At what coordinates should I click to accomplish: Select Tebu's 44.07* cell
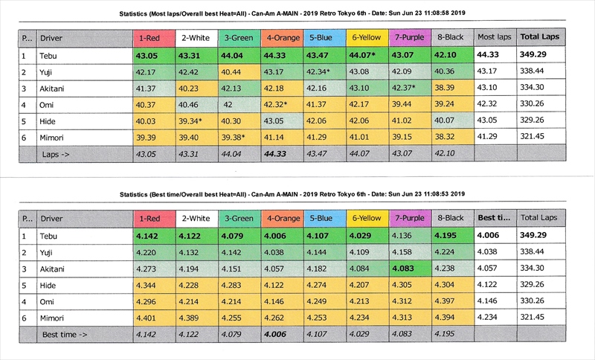click(x=367, y=55)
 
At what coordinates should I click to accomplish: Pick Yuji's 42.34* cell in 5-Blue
click(x=324, y=71)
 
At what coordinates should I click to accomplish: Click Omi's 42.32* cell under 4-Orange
click(x=281, y=104)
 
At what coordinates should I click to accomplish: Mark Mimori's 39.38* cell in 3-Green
click(x=238, y=137)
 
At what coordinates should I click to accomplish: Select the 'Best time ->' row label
click(x=65, y=335)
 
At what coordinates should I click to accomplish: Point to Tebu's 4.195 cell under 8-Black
click(x=454, y=237)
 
